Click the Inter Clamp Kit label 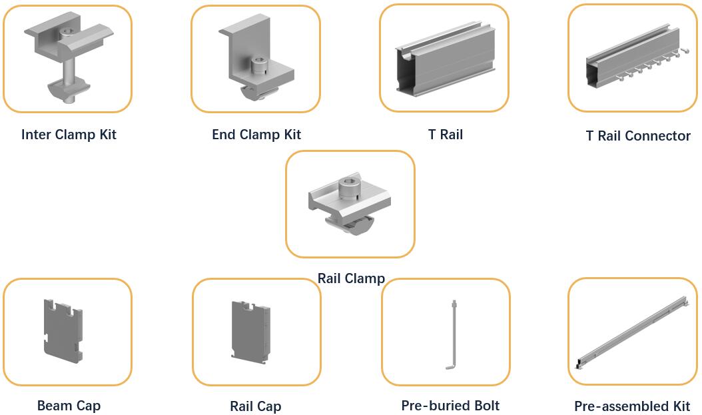[69, 135]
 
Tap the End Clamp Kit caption [256, 135]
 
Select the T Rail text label [446, 135]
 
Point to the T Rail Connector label [638, 136]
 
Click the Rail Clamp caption [351, 278]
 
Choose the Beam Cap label [69, 406]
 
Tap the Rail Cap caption [256, 406]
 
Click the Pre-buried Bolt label [450, 406]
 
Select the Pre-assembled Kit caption [632, 406]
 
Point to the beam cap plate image [63, 330]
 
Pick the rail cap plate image [250, 330]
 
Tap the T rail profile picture [446, 58]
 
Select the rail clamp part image [350, 204]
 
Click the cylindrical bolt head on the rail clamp [348, 188]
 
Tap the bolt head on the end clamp [259, 65]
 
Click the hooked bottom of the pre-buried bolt [450, 367]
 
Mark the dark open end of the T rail [404, 72]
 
